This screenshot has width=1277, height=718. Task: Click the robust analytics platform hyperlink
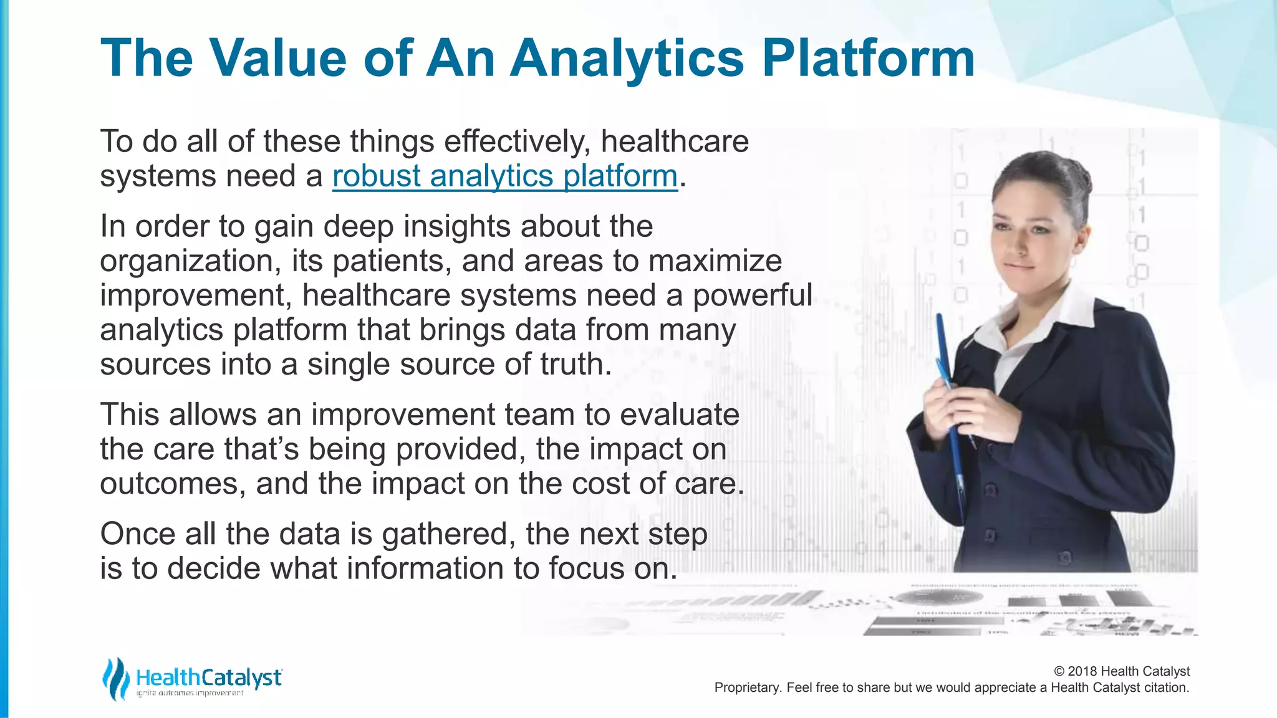[x=504, y=176]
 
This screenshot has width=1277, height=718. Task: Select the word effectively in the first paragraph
[x=517, y=141]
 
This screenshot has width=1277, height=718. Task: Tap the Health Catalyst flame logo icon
[x=115, y=678]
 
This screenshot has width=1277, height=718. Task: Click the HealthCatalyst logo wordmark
[x=208, y=678]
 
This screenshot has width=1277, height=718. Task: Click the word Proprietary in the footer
[x=746, y=687]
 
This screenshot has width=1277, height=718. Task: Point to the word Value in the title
[x=277, y=58]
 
